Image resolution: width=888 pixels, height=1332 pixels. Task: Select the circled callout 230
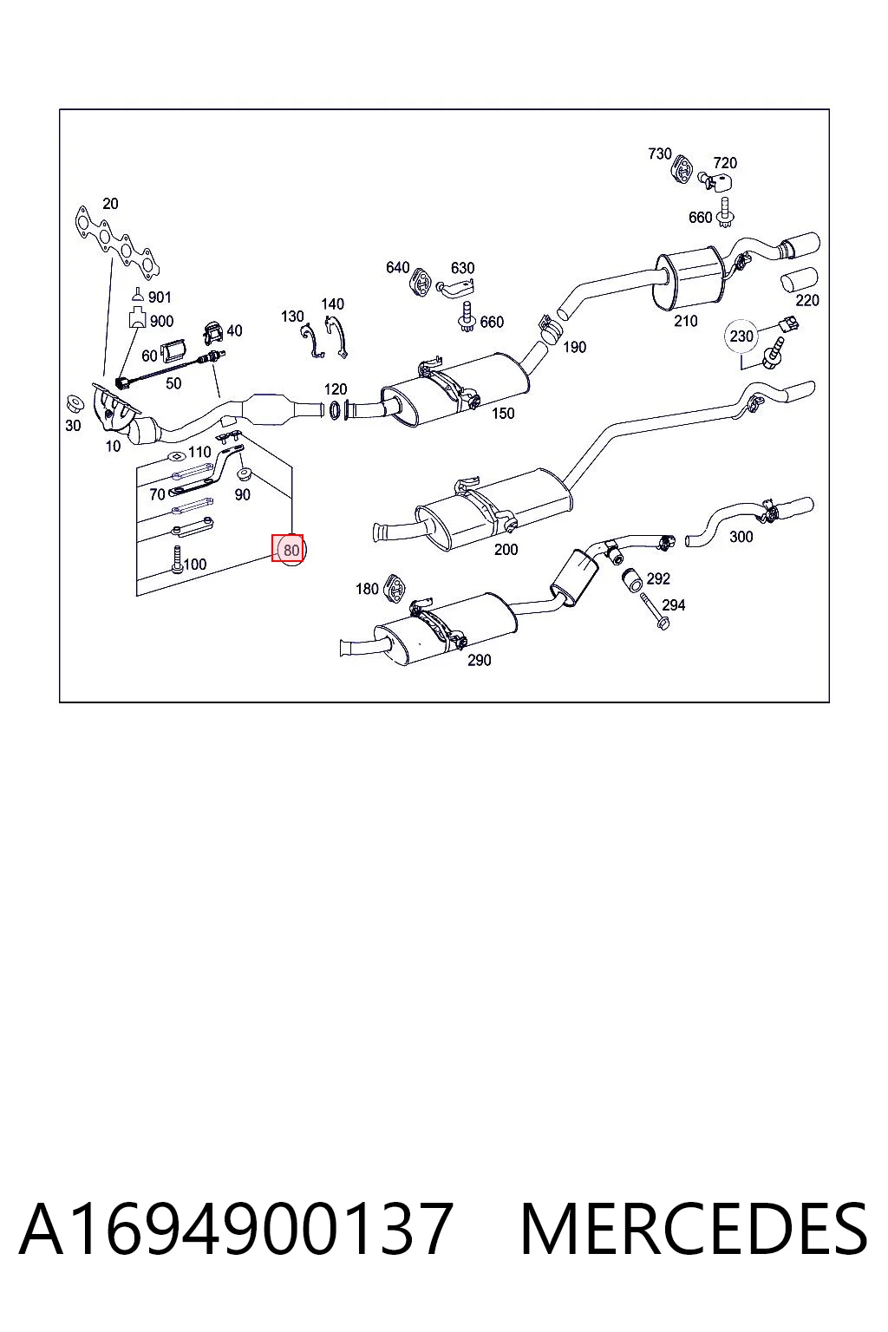click(741, 336)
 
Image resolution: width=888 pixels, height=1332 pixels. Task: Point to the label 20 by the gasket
click(111, 204)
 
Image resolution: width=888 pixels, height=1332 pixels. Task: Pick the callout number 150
click(503, 414)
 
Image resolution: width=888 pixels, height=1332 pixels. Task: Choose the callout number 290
click(480, 660)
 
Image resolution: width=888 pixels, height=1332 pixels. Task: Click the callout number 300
click(741, 537)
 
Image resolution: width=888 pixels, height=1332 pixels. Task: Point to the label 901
click(160, 297)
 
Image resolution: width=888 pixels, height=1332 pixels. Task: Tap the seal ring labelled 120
click(335, 410)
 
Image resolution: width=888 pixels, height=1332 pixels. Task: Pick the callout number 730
click(660, 154)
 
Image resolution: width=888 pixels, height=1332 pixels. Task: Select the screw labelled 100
click(177, 560)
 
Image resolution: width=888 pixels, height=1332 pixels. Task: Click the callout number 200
click(506, 550)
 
